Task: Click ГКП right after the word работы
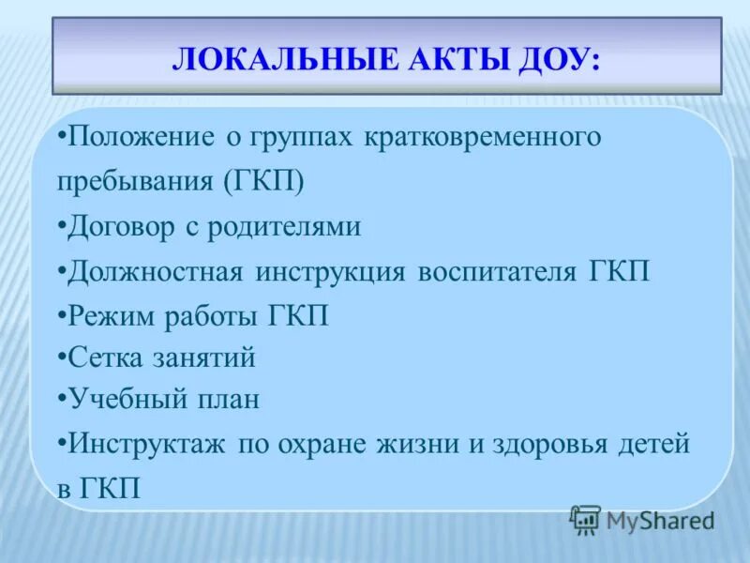click(x=297, y=314)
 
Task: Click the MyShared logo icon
click(x=585, y=519)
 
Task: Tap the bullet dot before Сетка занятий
click(x=61, y=358)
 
